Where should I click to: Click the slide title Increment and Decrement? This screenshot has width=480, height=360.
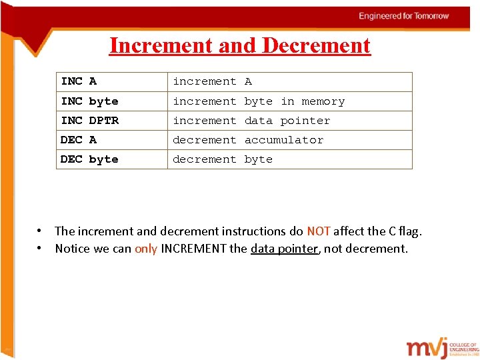click(239, 45)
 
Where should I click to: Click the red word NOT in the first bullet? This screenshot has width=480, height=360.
click(319, 231)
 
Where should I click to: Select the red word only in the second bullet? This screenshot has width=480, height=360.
click(146, 249)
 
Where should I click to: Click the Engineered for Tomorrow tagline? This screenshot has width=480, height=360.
click(404, 16)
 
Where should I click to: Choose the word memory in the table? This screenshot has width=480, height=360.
click(323, 101)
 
